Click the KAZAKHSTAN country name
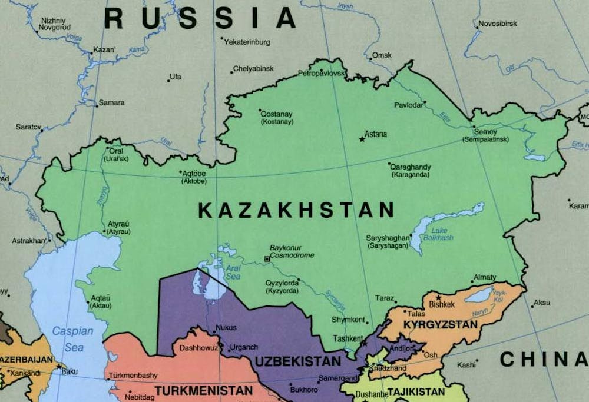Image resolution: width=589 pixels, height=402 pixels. pos(296,210)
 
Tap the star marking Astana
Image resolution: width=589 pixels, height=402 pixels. pos(362,139)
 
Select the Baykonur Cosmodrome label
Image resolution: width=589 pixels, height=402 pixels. pos(292,252)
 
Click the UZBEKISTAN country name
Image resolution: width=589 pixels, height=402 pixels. pos(297,361)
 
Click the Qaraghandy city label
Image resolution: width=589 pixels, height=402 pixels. pos(411,167)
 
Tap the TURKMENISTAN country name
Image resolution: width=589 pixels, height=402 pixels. pos(204,390)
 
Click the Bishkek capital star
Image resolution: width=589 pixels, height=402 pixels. pos(438,298)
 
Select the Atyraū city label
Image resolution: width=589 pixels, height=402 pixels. pos(118,224)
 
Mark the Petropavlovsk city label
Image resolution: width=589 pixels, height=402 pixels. pos(321,74)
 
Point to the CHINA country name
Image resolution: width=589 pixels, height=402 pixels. pos(544,358)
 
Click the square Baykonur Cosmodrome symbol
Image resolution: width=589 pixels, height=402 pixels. pos(267,258)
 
